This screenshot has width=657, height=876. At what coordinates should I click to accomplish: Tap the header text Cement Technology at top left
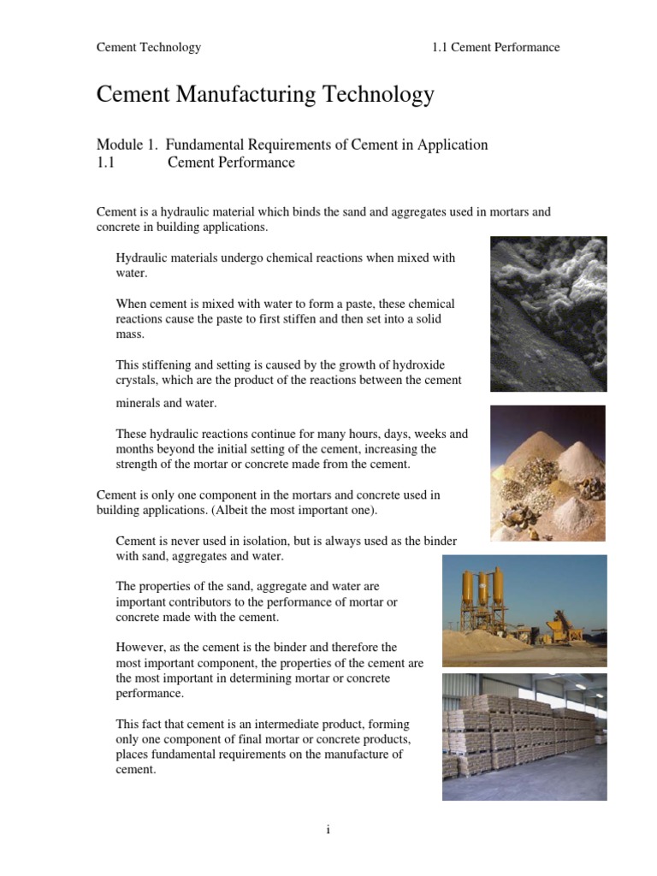point(149,47)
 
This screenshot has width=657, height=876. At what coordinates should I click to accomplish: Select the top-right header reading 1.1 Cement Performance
point(496,47)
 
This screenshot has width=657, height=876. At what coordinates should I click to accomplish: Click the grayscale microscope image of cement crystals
point(548,314)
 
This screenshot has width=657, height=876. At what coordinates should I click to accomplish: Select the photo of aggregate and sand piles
point(547,473)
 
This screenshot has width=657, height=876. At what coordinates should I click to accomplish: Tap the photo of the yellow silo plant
point(524,610)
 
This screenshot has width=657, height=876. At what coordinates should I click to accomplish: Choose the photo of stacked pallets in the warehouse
point(524,737)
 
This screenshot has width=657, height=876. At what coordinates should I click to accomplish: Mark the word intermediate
point(275,724)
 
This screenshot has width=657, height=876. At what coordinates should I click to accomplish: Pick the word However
point(141,648)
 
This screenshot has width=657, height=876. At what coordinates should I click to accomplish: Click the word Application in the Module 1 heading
point(453,145)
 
